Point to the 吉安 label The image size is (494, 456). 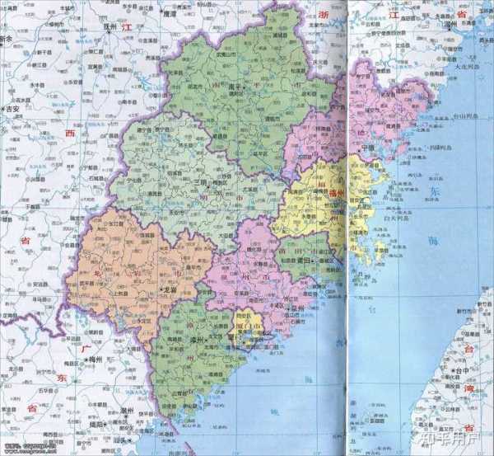tap(12, 108)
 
